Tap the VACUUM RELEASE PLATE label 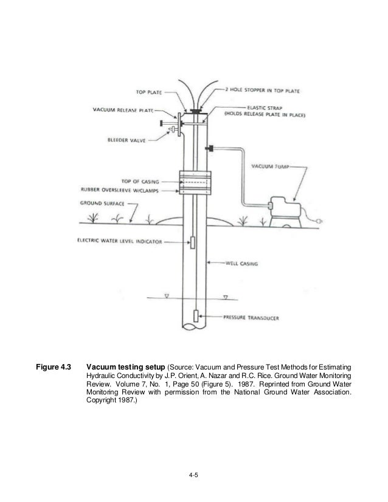click(125, 111)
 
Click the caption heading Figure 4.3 click(54, 367)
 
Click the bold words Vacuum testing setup click(125, 367)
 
